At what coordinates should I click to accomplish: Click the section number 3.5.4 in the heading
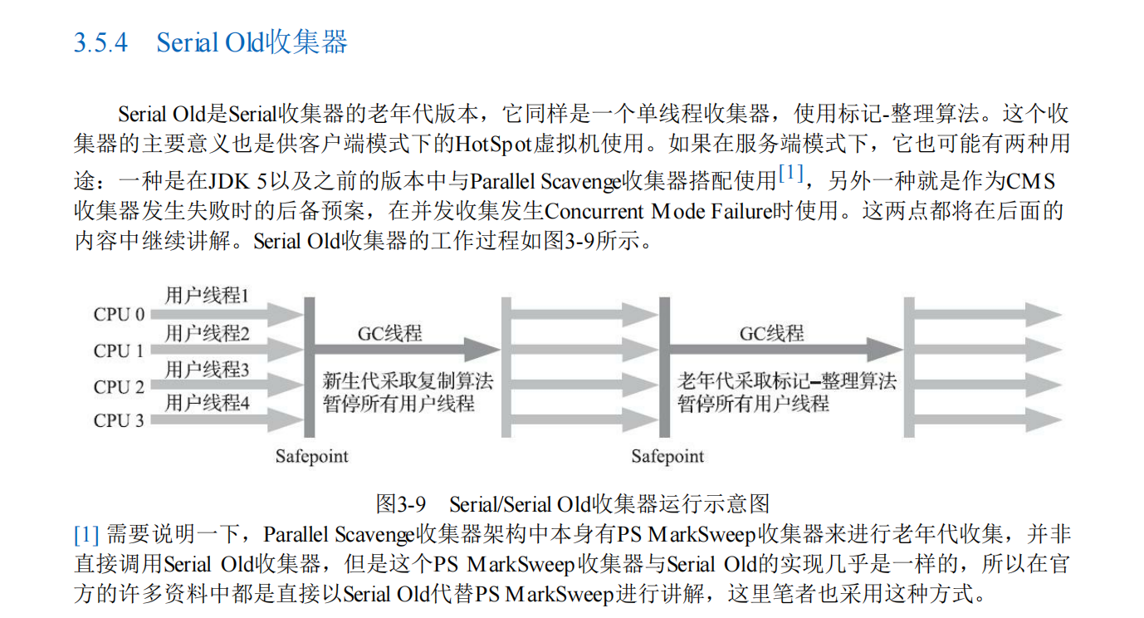coord(100,42)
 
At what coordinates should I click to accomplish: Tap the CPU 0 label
coord(119,315)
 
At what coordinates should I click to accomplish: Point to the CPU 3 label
coord(119,421)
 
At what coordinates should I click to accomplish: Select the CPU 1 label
coord(119,351)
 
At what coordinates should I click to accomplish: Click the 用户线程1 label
coord(207,296)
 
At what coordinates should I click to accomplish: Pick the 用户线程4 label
coord(207,404)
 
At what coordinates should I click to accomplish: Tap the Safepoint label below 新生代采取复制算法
coord(312,456)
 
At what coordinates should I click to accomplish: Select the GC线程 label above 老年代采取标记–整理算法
coord(772,333)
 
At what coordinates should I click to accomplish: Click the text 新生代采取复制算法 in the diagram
coord(408,382)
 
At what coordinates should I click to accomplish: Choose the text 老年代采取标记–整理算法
coord(787,382)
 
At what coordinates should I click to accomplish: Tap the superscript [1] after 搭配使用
coord(790,174)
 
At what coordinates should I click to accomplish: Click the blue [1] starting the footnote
coord(86,534)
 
